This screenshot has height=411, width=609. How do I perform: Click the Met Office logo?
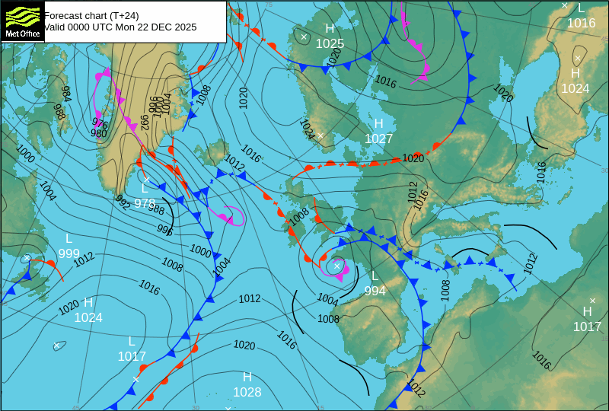click(22, 21)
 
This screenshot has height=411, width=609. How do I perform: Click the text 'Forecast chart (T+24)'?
click(91, 15)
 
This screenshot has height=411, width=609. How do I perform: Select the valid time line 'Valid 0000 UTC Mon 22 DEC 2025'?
click(120, 27)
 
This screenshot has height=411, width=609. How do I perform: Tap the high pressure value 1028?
click(247, 393)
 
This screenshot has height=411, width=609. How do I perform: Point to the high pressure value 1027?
click(378, 139)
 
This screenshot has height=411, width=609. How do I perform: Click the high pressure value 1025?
click(330, 44)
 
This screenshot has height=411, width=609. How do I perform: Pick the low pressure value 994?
click(375, 291)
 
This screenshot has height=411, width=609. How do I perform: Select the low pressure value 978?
click(145, 203)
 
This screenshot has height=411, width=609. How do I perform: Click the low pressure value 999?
click(69, 253)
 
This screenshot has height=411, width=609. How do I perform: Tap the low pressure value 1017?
click(132, 356)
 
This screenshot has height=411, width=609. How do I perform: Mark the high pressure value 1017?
click(587, 327)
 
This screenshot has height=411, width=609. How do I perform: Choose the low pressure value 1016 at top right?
click(581, 23)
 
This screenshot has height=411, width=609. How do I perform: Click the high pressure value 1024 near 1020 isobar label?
click(88, 317)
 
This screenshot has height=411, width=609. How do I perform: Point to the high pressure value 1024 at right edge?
click(576, 88)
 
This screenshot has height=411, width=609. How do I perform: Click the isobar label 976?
click(100, 122)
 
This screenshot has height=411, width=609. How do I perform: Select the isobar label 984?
click(66, 94)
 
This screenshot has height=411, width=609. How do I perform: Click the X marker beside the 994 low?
click(336, 266)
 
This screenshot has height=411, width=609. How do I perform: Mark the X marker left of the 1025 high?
click(304, 37)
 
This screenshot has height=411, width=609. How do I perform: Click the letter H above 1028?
click(247, 377)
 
